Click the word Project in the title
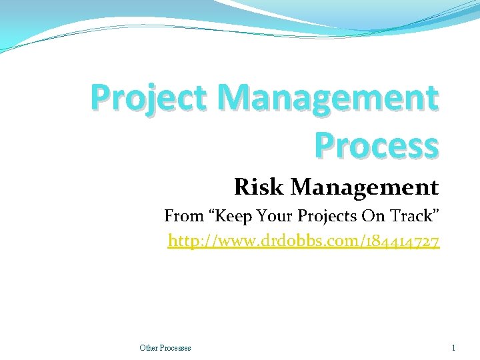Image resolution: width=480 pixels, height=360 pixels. click(151, 99)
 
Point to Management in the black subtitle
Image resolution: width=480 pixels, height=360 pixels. click(365, 187)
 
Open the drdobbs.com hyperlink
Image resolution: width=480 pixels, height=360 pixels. click(303, 241)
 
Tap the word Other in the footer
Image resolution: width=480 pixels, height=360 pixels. click(148, 347)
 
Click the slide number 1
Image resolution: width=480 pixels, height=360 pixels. click(453, 347)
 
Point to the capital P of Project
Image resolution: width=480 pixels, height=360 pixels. click(101, 97)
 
